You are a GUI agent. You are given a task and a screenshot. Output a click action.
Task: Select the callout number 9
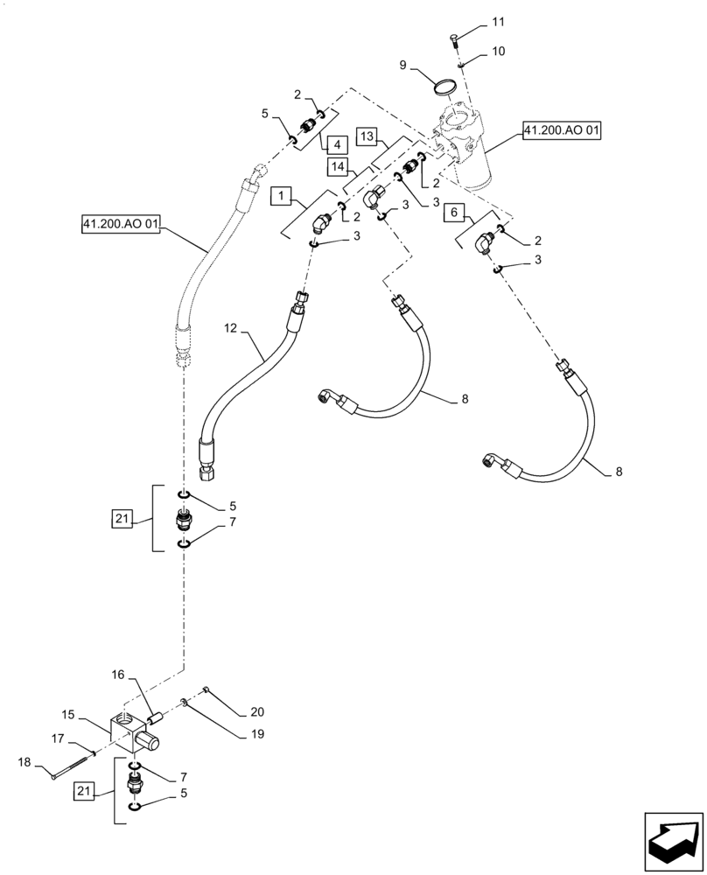(403, 65)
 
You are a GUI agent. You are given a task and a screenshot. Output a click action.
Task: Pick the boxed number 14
(340, 165)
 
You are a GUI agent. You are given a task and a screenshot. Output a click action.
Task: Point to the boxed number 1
(282, 198)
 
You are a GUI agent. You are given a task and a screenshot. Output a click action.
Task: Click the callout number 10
(498, 52)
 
